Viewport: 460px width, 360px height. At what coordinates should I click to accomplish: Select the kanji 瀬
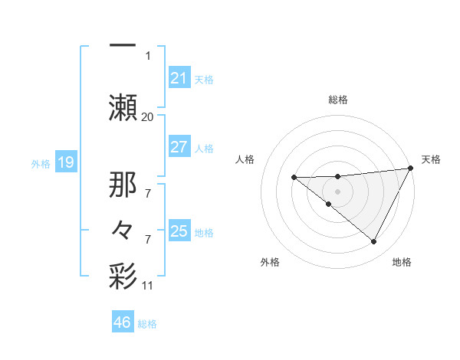click(123, 105)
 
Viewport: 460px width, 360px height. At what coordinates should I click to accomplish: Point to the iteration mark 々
click(123, 229)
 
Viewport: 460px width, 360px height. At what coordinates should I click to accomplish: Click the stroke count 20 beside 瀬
click(147, 116)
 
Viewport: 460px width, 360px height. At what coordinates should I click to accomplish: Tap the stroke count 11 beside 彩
click(147, 286)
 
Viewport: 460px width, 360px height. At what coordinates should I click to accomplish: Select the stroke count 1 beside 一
click(148, 56)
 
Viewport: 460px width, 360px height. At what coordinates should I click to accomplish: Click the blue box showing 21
click(179, 78)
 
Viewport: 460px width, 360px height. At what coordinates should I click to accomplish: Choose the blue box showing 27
click(179, 147)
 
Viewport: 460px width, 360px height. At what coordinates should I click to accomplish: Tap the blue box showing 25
click(179, 231)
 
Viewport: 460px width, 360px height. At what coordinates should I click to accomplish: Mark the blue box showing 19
click(66, 162)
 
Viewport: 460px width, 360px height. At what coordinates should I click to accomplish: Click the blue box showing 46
click(123, 322)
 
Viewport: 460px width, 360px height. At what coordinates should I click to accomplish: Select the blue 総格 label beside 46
click(147, 324)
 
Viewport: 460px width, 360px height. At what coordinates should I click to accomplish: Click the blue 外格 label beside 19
click(40, 163)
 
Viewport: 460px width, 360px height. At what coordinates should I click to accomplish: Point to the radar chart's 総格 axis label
click(337, 100)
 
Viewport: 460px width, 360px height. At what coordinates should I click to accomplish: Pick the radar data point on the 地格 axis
click(373, 241)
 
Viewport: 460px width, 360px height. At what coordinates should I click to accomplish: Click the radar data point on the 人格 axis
click(294, 178)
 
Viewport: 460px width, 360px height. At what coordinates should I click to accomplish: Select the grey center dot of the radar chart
click(337, 189)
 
